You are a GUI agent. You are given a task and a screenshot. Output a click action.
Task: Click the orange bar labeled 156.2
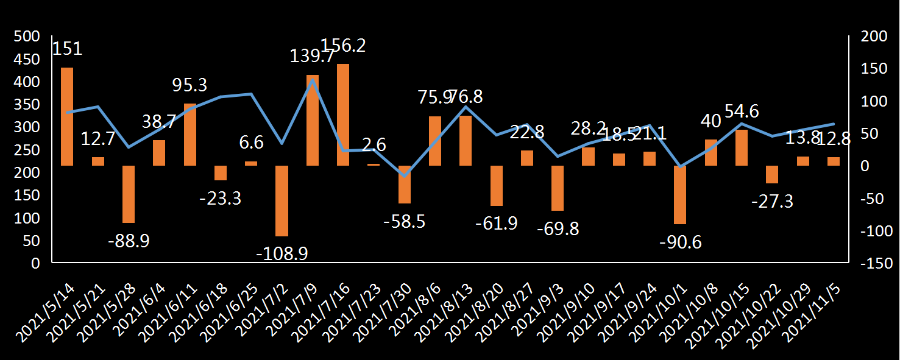343,115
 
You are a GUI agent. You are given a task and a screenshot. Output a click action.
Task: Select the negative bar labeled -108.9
282,200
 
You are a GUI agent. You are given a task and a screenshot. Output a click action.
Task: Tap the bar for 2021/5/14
67,116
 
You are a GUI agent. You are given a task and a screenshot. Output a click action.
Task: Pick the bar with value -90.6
680,194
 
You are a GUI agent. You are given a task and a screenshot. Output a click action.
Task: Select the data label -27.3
772,201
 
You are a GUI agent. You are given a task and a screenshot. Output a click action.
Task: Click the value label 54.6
742,111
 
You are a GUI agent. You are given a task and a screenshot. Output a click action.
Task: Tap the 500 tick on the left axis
27,37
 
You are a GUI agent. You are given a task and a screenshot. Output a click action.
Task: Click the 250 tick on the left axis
27,150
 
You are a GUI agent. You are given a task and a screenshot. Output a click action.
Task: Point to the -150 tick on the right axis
876,264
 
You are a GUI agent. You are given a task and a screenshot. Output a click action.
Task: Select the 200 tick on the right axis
873,37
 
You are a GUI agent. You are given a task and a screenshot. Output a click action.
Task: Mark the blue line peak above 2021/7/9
313,80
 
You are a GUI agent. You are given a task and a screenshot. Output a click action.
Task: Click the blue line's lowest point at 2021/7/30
405,176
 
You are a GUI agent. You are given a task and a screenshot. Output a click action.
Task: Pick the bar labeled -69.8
558,188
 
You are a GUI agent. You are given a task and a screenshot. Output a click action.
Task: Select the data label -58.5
405,221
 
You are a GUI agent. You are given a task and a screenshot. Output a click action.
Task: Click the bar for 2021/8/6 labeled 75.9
435,141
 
